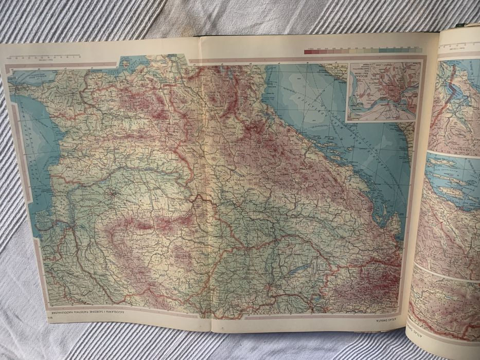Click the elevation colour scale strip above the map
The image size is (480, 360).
click(362, 51)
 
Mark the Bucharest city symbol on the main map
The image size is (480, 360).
click(112, 194)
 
